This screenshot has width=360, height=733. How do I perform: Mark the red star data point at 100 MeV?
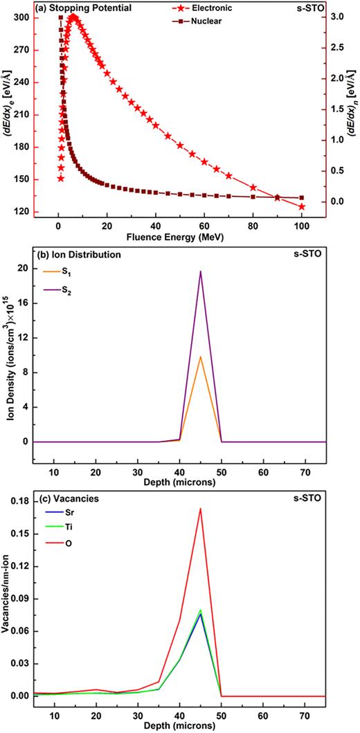pyautogui.click(x=302, y=206)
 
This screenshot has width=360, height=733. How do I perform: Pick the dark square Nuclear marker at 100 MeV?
pyautogui.click(x=302, y=197)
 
